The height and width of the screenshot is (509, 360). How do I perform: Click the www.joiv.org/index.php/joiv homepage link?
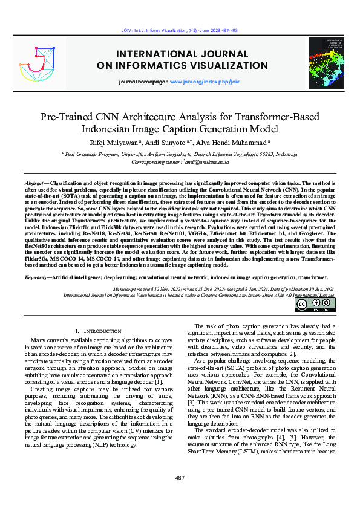[205, 80]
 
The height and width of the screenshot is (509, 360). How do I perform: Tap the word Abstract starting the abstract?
[34, 183]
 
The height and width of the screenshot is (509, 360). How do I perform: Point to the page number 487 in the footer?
[180, 478]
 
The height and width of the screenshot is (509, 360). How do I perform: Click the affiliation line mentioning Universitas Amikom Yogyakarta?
[180, 154]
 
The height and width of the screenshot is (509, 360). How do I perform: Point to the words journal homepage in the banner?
[143, 80]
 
